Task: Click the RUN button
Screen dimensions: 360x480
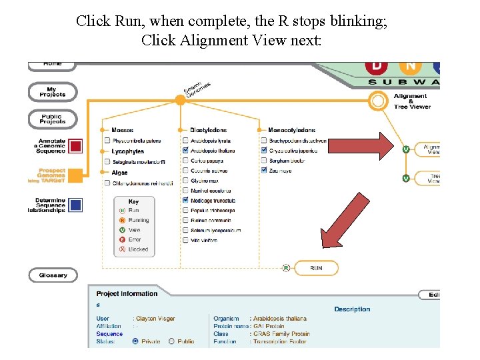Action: click(x=315, y=268)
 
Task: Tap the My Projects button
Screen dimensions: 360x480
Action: click(x=52, y=92)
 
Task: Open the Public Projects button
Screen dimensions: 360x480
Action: click(x=52, y=120)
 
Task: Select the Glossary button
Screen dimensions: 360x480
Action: click(x=52, y=275)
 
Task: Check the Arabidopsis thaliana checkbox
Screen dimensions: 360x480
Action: click(x=185, y=151)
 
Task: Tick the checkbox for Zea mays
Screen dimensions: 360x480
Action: click(x=264, y=171)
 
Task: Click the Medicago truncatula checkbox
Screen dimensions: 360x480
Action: click(x=185, y=201)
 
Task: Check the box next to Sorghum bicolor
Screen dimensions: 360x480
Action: click(x=264, y=161)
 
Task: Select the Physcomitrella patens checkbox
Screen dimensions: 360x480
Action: click(x=107, y=141)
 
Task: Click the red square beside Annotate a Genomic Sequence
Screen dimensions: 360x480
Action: click(x=75, y=146)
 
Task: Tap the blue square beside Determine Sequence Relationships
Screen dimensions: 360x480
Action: click(x=75, y=205)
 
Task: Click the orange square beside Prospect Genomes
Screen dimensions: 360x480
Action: click(x=75, y=175)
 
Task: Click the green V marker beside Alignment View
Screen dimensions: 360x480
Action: click(x=406, y=149)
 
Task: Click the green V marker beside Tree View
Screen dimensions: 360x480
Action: click(x=406, y=178)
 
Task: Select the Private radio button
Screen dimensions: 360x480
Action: click(x=136, y=341)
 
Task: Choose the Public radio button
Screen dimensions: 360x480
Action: click(x=171, y=341)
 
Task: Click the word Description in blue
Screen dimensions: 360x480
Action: click(x=352, y=309)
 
